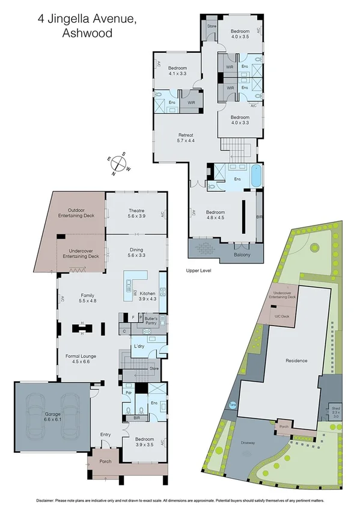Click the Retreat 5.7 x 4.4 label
(x=186, y=138)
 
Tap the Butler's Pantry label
(x=150, y=319)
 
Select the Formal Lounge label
(x=81, y=359)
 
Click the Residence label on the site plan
(x=296, y=361)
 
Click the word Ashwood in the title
(x=87, y=34)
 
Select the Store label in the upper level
(x=212, y=26)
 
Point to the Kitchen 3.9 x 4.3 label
(x=148, y=296)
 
